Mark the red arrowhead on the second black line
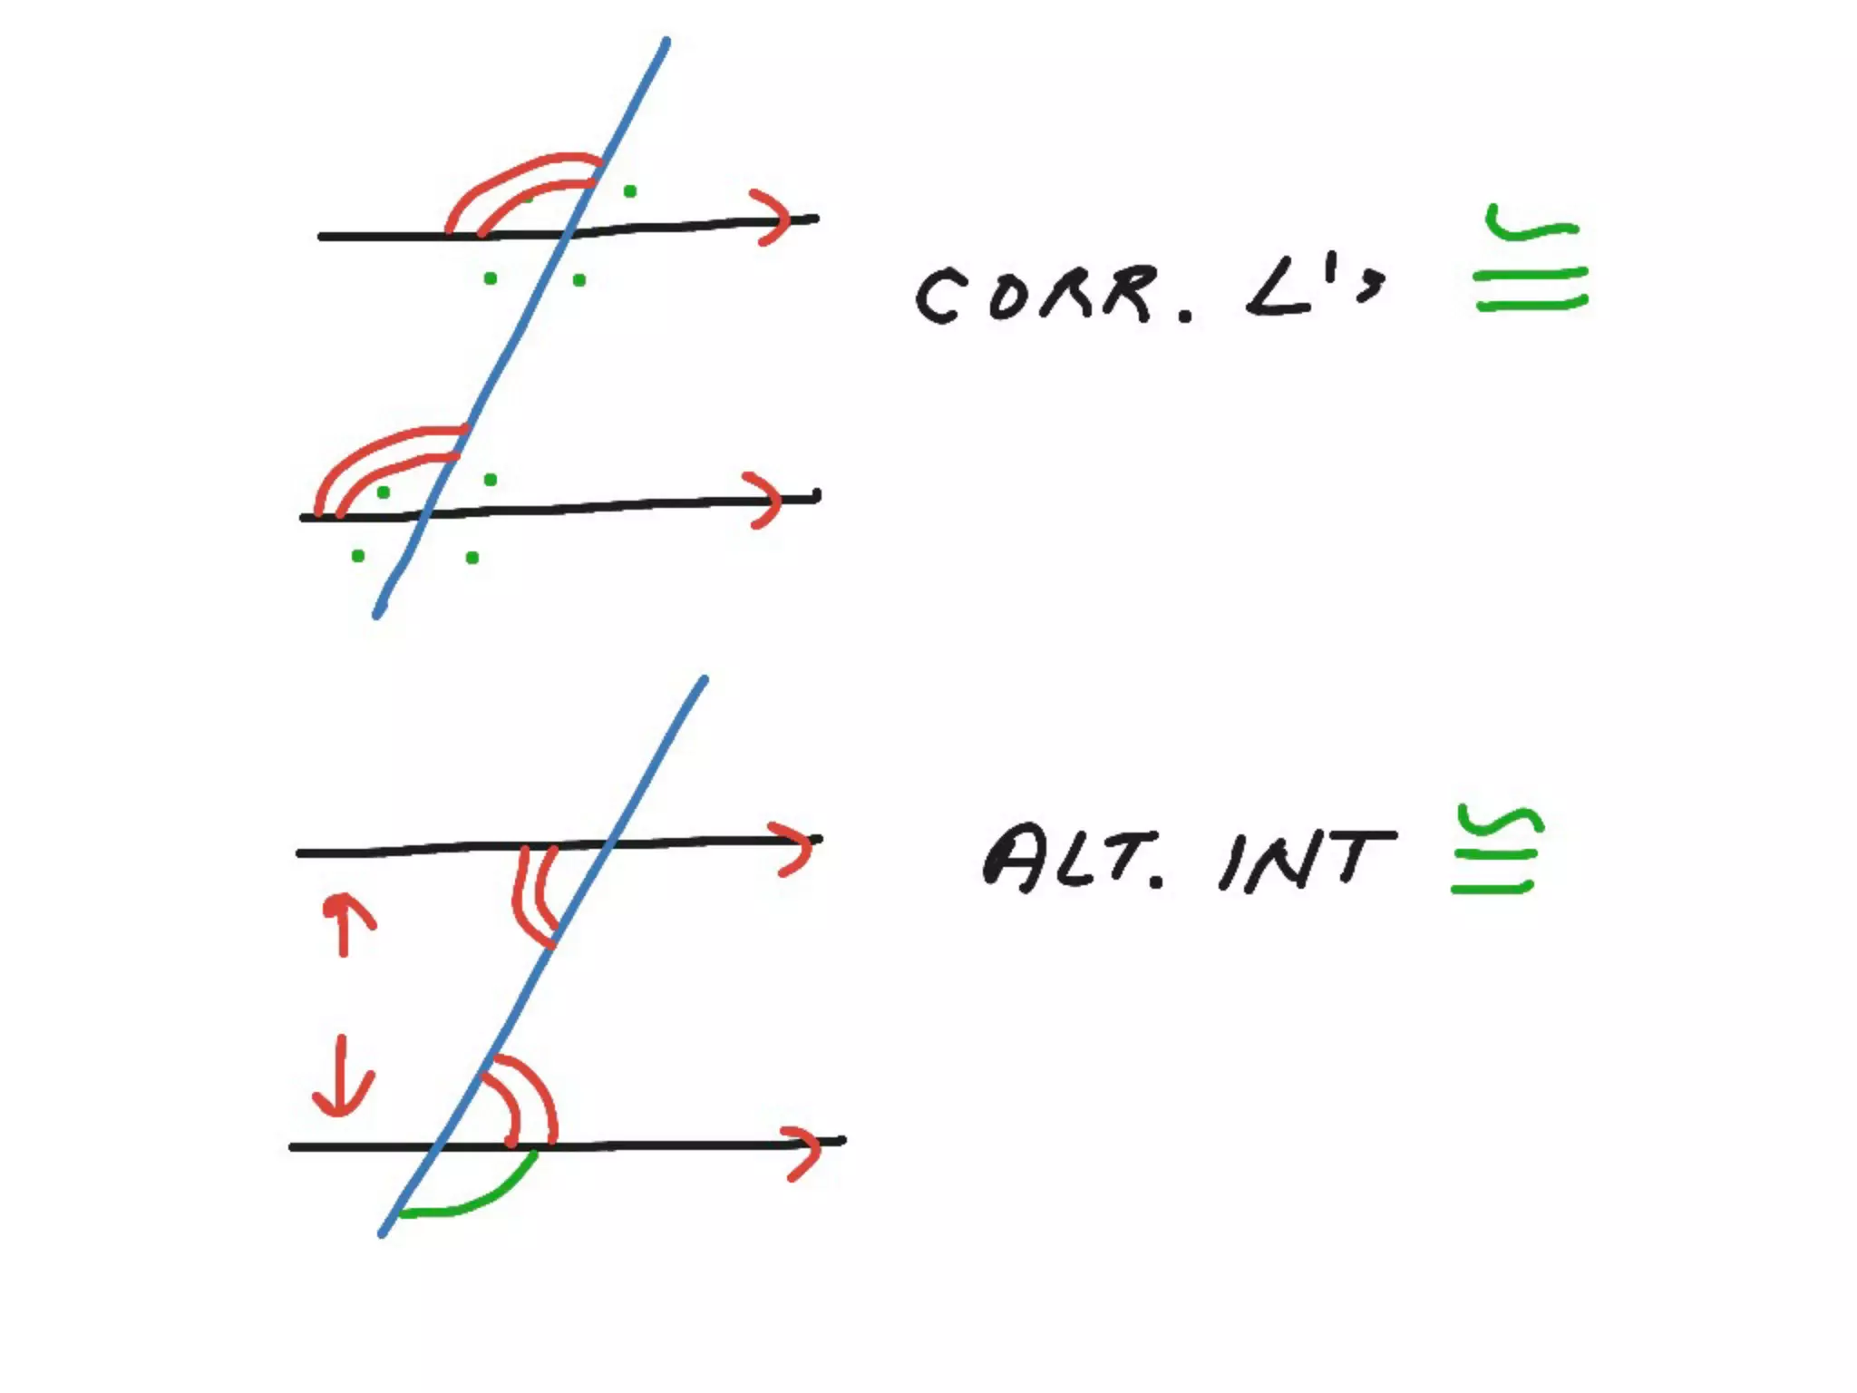(x=764, y=499)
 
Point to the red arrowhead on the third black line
(x=792, y=847)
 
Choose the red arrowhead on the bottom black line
(x=802, y=1153)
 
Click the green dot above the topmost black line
(x=630, y=191)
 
